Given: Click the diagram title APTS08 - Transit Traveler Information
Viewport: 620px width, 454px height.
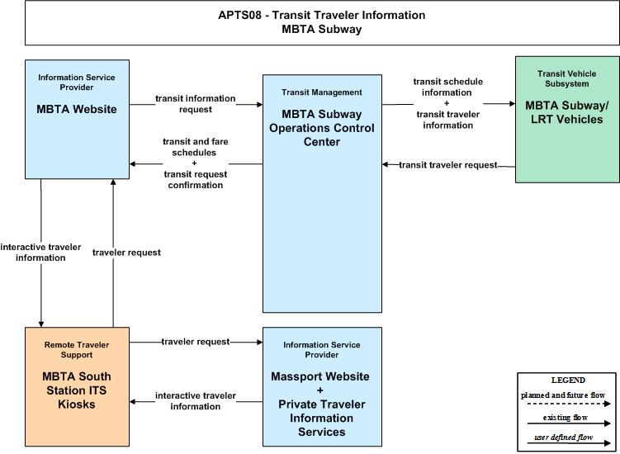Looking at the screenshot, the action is (322, 15).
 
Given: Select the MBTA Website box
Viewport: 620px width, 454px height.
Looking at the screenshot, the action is (77, 119).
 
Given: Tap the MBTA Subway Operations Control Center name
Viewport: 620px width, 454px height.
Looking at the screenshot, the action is (322, 128).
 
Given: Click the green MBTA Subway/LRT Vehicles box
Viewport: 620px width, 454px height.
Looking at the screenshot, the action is (567, 119).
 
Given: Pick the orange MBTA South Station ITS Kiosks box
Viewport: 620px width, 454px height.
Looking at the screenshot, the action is (77, 386).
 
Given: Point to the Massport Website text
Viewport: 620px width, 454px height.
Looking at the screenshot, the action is (320, 376).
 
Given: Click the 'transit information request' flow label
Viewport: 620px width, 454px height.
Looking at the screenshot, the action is (196, 104).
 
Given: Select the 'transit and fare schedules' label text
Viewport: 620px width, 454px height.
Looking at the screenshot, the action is (196, 147).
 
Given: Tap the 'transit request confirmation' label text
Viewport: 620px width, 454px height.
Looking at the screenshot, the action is (196, 180).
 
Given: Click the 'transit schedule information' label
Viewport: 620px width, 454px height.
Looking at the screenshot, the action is (447, 87).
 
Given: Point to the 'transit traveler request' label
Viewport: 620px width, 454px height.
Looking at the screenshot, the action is (448, 165).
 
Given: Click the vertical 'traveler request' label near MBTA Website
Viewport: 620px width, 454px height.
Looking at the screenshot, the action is (126, 253).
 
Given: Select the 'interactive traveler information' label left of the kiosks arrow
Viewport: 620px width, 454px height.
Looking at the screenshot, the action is (40, 252).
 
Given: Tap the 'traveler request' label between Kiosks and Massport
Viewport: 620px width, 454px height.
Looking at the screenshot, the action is (196, 342).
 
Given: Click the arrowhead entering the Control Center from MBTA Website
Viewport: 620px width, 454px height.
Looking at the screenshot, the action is (260, 104).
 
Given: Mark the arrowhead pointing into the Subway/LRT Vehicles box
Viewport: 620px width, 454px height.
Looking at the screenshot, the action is (512, 104).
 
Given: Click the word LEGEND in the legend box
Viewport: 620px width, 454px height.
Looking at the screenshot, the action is (568, 380).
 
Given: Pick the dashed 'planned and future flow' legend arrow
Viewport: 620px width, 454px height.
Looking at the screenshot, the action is (569, 404).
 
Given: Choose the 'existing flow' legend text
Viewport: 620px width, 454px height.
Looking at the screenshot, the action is (565, 417).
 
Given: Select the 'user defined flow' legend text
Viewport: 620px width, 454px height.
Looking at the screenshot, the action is (564, 437).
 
